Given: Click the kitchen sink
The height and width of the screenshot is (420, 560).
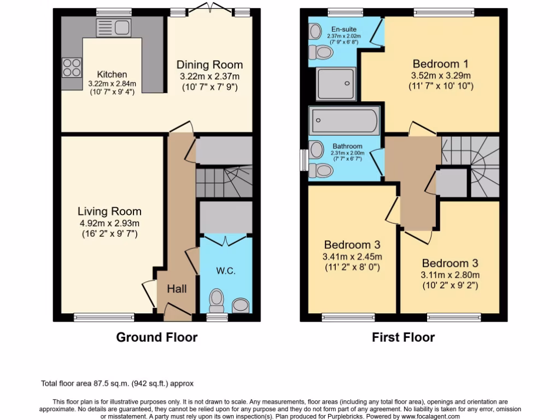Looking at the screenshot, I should pos(113,27).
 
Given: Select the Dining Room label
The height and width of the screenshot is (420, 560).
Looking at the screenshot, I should pos(209,65).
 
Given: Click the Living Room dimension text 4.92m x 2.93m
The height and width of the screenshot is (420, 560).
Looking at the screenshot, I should pos(109,223).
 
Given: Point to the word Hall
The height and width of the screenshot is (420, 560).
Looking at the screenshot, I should pos(177,288).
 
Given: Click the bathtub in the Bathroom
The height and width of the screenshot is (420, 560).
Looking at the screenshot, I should pos(345,120).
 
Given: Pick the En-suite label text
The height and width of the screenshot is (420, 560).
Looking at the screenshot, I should pos(343,29).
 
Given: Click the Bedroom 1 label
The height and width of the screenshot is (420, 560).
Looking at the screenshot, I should pos(441,63).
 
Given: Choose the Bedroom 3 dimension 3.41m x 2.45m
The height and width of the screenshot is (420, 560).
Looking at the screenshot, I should pos(352,256).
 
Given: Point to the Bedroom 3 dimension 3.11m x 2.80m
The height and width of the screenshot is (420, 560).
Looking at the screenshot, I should pos(450,275).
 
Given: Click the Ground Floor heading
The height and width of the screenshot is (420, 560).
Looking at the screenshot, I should pos(156,337).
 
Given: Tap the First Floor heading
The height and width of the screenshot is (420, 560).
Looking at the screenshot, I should pos(403,337).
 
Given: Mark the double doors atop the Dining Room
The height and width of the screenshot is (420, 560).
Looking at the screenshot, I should pos(209,7).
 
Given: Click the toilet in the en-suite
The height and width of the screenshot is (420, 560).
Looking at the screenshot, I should pos(321,51).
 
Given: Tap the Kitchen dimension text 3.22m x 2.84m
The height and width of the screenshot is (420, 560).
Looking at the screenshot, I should pos(112,84).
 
